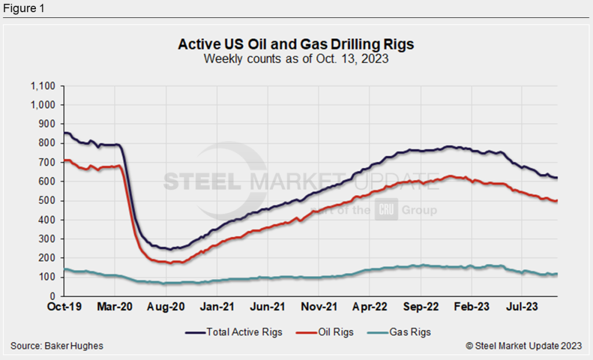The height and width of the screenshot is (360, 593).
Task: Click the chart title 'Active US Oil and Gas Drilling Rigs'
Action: click(296, 45)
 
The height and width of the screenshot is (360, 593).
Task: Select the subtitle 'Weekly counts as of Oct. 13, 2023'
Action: click(296, 58)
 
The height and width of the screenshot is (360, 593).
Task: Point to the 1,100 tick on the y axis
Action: click(43, 86)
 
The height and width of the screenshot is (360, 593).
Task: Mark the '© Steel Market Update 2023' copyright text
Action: click(524, 346)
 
